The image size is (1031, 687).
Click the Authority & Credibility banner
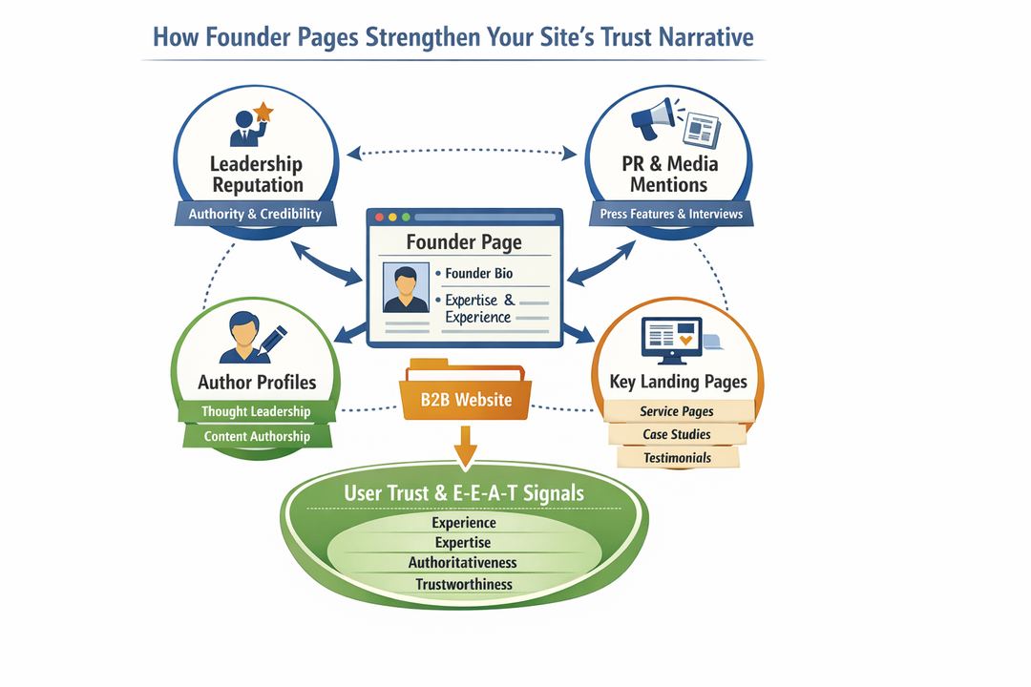pyautogui.click(x=255, y=214)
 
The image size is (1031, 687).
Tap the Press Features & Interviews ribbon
pyautogui.click(x=671, y=214)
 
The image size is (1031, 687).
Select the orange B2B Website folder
pyautogui.click(x=463, y=395)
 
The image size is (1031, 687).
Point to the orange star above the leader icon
pyautogui.click(x=263, y=113)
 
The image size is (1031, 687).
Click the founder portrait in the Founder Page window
pyautogui.click(x=405, y=288)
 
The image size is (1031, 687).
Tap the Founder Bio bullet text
pyautogui.click(x=478, y=273)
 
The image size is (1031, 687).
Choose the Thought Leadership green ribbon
pyautogui.click(x=256, y=411)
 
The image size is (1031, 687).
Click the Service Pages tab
pyautogui.click(x=677, y=411)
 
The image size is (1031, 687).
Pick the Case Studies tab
pyautogui.click(x=677, y=434)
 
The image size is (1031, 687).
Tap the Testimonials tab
pyautogui.click(x=677, y=457)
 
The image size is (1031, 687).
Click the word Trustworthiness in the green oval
pyautogui.click(x=464, y=584)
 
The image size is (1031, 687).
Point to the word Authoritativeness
pyautogui.click(x=464, y=563)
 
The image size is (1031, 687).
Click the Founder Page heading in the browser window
pyautogui.click(x=464, y=241)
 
